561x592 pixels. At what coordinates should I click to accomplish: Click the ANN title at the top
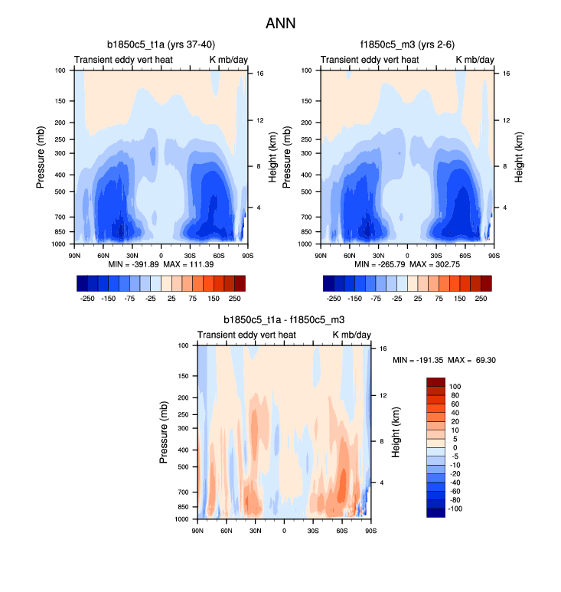(x=280, y=23)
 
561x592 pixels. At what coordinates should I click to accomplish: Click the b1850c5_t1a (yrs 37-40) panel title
(x=161, y=45)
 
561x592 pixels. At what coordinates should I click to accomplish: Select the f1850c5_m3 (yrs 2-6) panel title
(x=407, y=45)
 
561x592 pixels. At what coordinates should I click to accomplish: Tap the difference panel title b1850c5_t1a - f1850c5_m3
(x=284, y=321)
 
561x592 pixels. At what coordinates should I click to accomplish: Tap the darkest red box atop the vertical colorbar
(x=435, y=381)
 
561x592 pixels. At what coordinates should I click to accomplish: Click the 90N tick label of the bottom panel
(x=197, y=530)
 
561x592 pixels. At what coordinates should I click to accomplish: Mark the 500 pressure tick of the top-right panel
(x=311, y=191)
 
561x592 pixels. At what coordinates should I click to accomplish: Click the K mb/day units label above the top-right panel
(x=475, y=59)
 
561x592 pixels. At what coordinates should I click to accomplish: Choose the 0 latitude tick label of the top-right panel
(x=407, y=254)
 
